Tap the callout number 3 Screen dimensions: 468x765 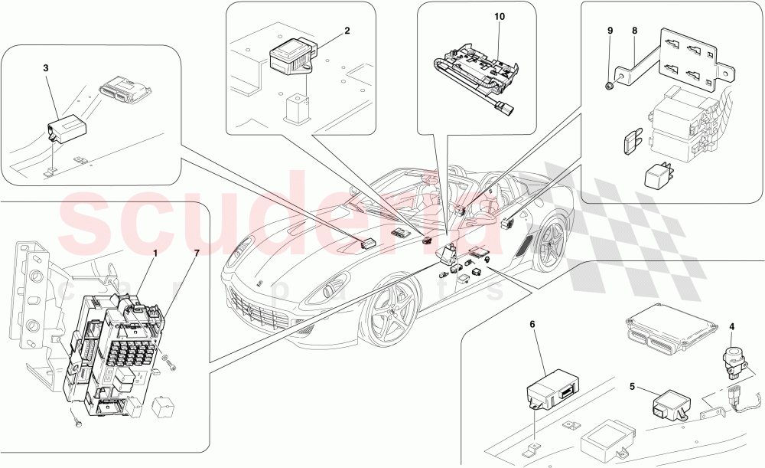(46, 68)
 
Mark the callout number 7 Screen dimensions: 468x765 (197, 252)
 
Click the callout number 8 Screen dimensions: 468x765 (634, 31)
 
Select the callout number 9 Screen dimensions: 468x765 (610, 31)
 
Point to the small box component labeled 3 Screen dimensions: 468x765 (65, 126)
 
